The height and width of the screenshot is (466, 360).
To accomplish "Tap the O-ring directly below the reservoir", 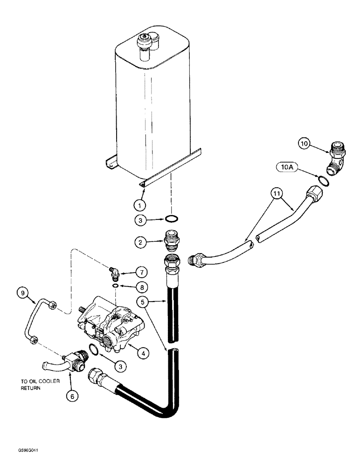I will click(171, 219).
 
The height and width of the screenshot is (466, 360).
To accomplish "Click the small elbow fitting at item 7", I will click(114, 271).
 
